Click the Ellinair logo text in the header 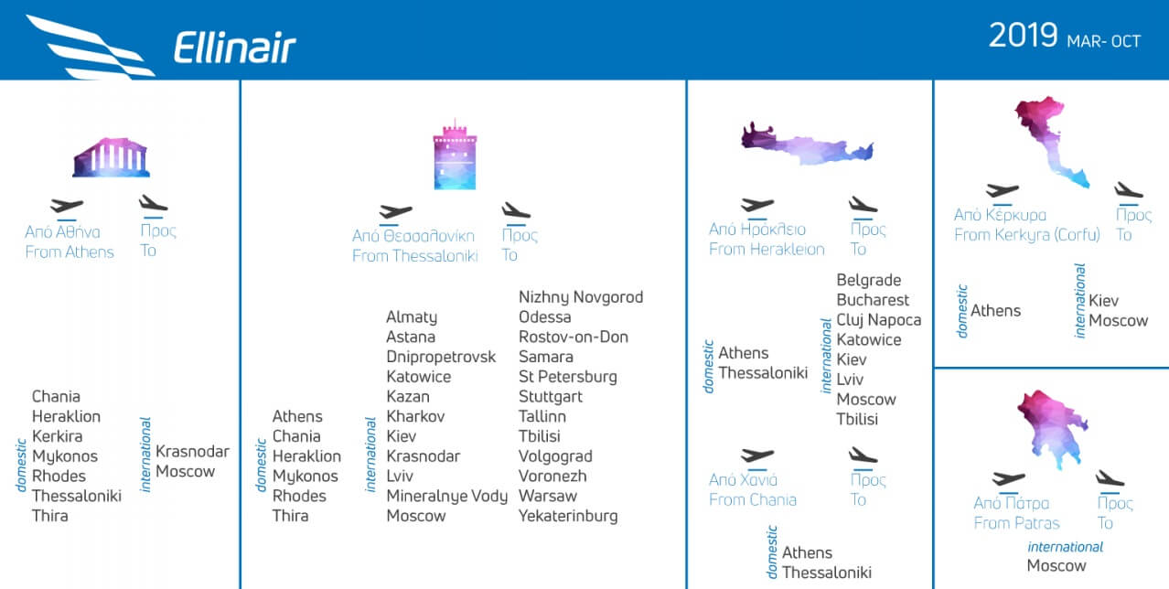click(235, 48)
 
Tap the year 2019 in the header click(1023, 36)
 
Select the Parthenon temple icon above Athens click(112, 157)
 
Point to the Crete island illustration click(807, 145)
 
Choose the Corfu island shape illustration click(1050, 141)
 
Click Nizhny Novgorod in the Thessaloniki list click(581, 297)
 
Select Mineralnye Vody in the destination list click(446, 496)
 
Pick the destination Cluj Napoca click(879, 320)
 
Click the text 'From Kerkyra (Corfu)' click(1027, 235)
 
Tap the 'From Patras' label click(1016, 523)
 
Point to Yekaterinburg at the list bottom click(568, 516)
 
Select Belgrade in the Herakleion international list click(869, 280)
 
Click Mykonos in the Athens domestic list click(65, 456)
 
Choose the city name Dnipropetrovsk click(441, 357)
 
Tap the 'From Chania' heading click(753, 499)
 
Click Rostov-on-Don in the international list click(574, 337)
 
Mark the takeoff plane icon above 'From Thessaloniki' click(395, 212)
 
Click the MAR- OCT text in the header click(1104, 41)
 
